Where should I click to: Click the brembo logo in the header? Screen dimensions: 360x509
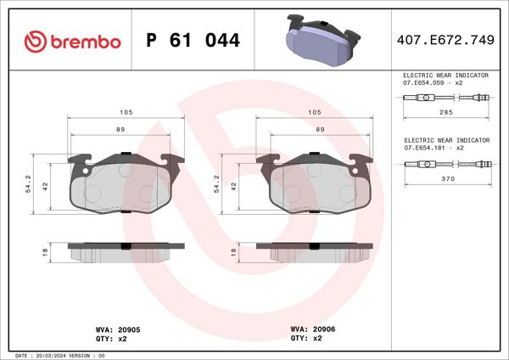click(x=72, y=40)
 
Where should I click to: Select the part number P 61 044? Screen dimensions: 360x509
click(x=193, y=41)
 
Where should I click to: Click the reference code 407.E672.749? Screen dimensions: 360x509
click(x=446, y=41)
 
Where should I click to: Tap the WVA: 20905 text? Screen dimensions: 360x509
click(x=112, y=328)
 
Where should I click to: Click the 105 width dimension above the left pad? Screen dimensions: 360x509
click(x=126, y=112)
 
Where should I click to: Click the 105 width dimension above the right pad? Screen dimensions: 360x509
click(x=314, y=112)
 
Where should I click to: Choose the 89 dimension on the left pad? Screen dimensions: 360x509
click(x=121, y=129)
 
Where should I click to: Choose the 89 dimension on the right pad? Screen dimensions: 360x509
click(x=319, y=129)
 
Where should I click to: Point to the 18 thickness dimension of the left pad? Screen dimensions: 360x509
click(x=45, y=252)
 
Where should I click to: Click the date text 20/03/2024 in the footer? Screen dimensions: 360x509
click(x=53, y=355)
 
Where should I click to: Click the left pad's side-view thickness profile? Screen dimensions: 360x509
click(x=125, y=252)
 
